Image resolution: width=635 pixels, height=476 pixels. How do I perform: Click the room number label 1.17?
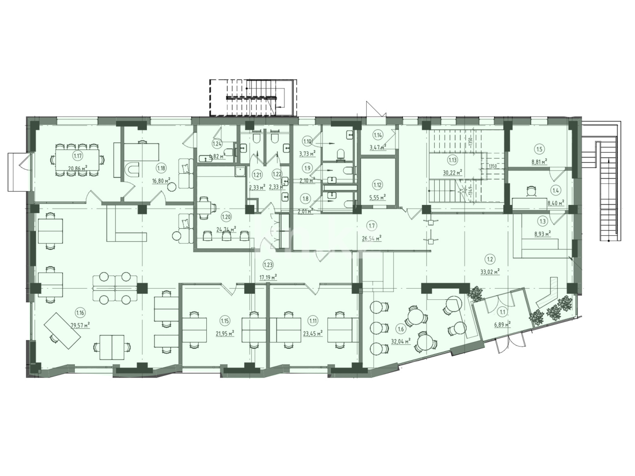click(78, 155)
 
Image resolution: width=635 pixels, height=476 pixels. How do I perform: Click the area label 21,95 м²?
click(224, 334)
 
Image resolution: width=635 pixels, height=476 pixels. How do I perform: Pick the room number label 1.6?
click(400, 328)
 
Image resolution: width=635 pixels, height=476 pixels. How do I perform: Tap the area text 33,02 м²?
click(489, 272)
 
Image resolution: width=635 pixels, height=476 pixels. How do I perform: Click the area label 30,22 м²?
click(453, 172)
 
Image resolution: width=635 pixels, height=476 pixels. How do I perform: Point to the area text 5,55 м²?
click(378, 197)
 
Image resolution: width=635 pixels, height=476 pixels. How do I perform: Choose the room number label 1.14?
click(378, 135)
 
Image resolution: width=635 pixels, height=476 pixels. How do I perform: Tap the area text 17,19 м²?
click(267, 277)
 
